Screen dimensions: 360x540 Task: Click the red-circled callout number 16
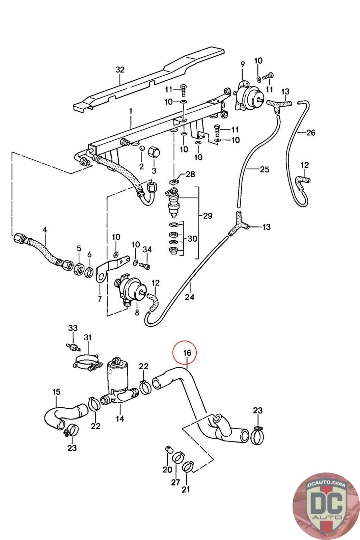point(187,353)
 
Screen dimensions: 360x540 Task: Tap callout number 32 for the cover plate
point(120,70)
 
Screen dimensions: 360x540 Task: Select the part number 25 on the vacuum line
point(264,169)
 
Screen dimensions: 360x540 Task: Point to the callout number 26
point(311,132)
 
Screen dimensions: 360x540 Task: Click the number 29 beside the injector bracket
point(208,216)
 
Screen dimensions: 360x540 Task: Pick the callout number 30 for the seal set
point(192,239)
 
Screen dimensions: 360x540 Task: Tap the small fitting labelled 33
point(73,347)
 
